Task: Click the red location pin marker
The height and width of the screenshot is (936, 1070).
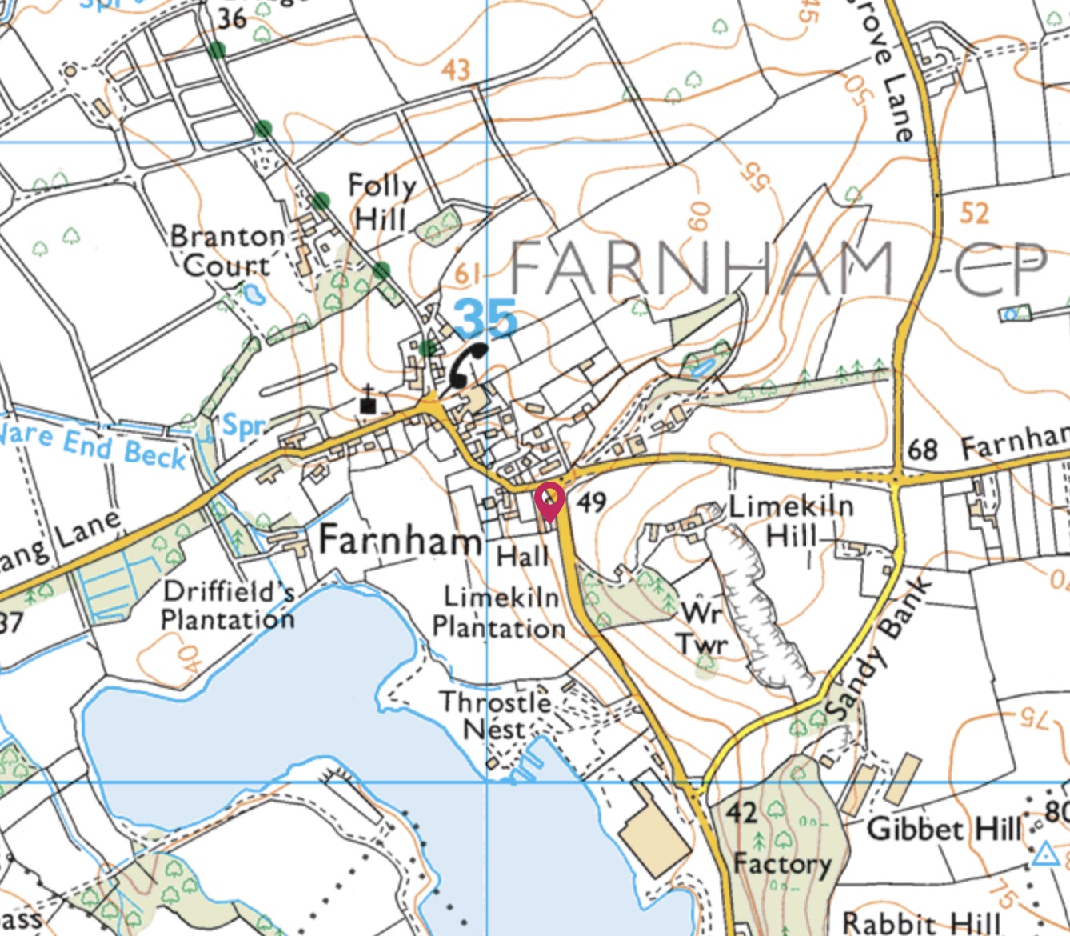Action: [x=550, y=501]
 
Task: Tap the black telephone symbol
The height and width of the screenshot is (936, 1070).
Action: [x=467, y=365]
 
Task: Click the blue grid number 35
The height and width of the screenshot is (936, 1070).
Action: [x=485, y=319]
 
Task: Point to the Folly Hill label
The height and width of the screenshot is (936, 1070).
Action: [x=382, y=202]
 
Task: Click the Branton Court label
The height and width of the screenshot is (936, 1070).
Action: [x=228, y=251]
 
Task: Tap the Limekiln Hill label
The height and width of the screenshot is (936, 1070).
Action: [x=790, y=520]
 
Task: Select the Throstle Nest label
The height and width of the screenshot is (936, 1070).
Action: [x=495, y=716]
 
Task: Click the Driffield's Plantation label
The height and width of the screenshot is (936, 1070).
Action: [x=229, y=606]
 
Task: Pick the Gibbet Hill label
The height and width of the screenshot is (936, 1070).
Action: [x=944, y=829]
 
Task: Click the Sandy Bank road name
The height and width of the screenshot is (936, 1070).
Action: [x=879, y=649]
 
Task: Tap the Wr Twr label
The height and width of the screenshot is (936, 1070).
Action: [x=702, y=629]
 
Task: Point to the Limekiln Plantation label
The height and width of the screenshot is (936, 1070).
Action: [x=499, y=613]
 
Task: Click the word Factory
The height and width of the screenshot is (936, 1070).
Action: [x=782, y=865]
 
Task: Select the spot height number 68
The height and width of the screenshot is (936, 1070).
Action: [x=922, y=450]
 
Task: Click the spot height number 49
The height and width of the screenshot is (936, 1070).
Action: [x=591, y=502]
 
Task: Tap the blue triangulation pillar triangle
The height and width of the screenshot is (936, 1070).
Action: [x=1044, y=854]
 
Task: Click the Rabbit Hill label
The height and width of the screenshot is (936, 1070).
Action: [x=921, y=922]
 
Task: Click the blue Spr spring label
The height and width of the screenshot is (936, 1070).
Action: [x=242, y=425]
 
